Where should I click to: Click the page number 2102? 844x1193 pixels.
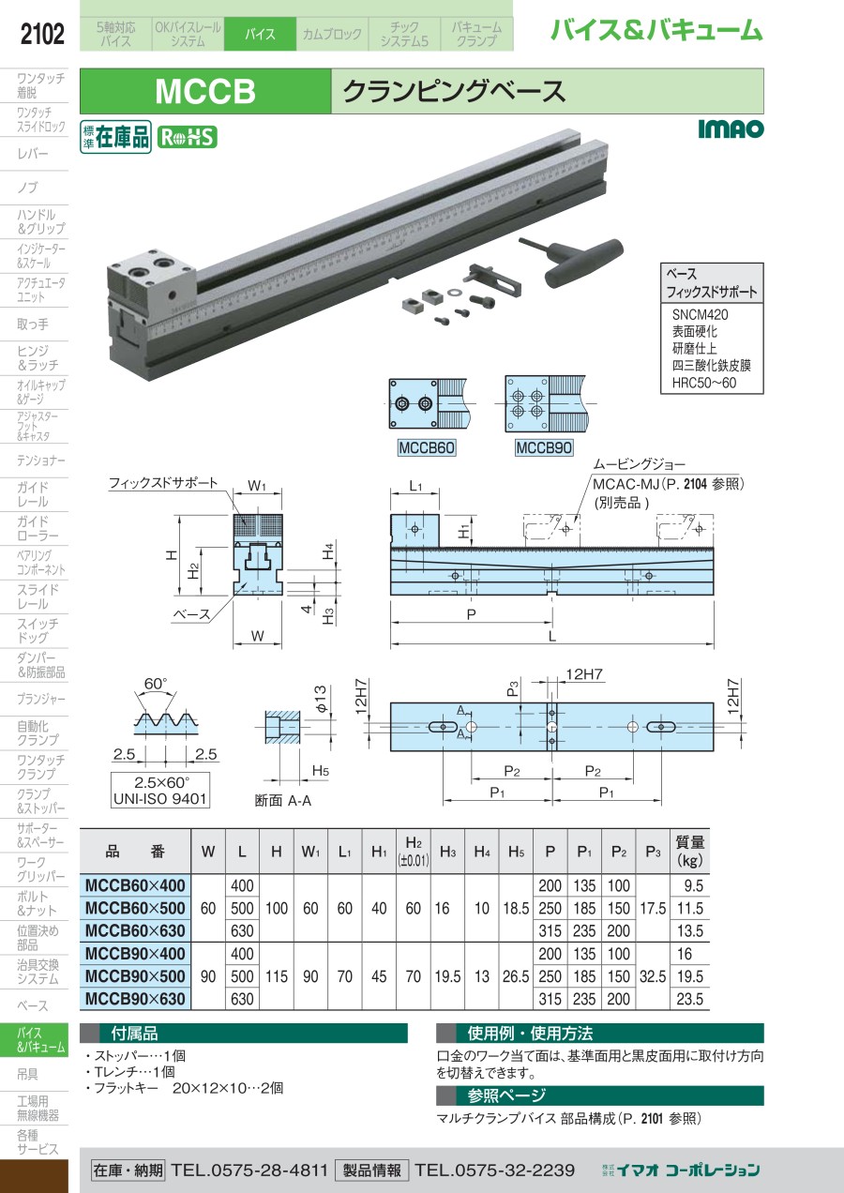42,35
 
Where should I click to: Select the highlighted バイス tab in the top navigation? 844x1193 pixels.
260,35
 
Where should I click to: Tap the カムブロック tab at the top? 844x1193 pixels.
331,35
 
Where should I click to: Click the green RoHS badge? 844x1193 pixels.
187,137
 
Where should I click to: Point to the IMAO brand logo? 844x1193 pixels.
731,129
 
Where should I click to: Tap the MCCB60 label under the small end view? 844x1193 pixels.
427,447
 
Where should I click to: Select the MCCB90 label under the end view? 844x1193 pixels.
544,447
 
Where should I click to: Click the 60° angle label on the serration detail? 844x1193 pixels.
156,683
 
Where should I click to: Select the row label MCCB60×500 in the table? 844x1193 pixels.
136,908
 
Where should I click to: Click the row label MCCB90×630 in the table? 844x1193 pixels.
136,999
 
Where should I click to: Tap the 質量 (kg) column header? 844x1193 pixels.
690,850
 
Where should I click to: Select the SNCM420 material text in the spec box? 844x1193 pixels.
700,315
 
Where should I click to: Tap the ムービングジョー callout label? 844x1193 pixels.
639,464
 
